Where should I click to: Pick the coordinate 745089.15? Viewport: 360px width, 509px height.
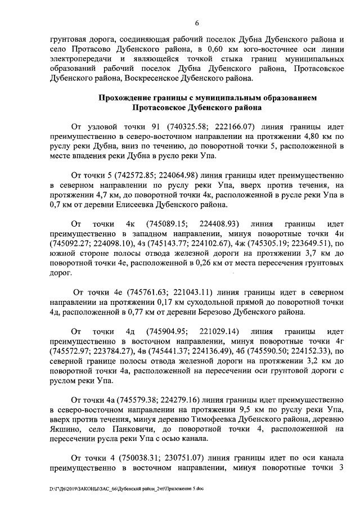pyautogui.click(x=164, y=233)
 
